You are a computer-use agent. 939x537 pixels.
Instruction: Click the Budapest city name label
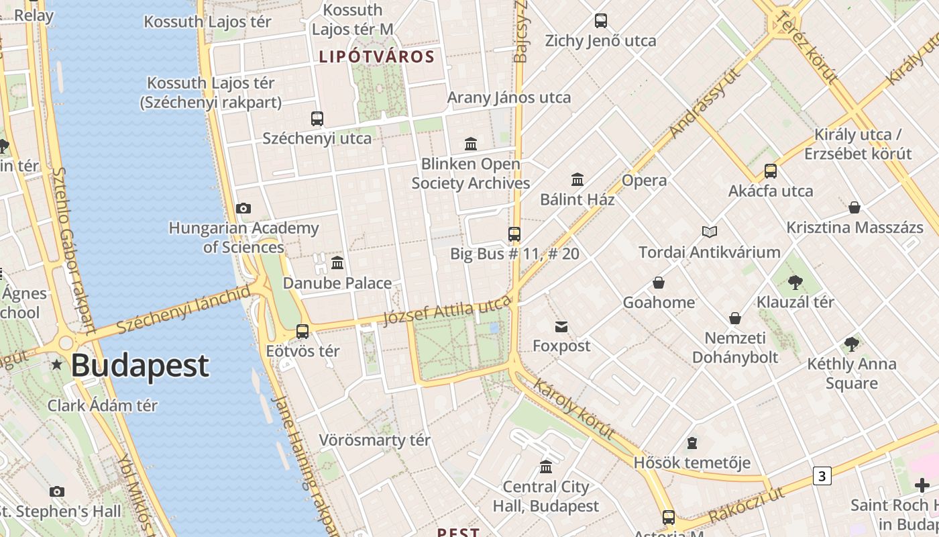[x=140, y=366]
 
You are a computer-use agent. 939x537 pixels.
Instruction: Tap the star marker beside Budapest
[x=57, y=365]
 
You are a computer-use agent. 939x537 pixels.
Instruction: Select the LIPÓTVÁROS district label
[x=377, y=56]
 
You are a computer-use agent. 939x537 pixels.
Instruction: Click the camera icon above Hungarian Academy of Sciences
[x=243, y=209]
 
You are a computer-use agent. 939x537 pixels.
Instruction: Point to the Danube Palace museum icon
[x=337, y=262]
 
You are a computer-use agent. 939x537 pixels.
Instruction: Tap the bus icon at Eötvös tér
[x=302, y=331]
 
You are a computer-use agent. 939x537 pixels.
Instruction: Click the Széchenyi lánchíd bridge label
[x=182, y=307]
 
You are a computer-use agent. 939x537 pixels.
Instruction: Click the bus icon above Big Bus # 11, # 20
[x=514, y=234]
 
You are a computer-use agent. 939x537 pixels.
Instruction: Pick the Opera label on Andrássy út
[x=644, y=181]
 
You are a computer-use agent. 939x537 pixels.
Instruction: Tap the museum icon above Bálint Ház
[x=577, y=179]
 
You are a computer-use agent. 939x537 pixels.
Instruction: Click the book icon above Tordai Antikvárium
[x=710, y=232]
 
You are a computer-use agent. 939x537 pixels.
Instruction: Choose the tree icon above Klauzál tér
[x=795, y=282]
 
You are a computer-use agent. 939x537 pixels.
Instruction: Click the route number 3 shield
[x=822, y=476]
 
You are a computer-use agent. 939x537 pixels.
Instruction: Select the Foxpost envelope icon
[x=561, y=327]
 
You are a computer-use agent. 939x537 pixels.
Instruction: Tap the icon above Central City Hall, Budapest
[x=546, y=467]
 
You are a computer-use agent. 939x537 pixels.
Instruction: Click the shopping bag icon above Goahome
[x=659, y=283]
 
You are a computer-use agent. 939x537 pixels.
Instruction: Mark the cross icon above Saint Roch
[x=922, y=485]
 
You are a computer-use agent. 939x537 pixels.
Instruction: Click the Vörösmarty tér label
[x=374, y=440]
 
